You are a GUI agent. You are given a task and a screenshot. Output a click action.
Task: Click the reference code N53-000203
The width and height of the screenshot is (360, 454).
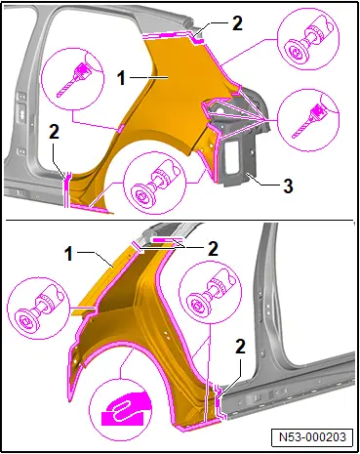[312, 436]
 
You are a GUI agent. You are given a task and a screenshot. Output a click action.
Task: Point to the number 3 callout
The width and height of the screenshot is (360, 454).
[288, 186]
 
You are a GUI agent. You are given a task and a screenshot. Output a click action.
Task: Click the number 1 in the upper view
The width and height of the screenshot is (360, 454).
[122, 78]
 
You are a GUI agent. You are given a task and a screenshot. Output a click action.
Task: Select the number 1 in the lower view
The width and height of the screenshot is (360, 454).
[68, 254]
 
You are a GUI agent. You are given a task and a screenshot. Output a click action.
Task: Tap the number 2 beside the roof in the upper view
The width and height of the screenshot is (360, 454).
[237, 23]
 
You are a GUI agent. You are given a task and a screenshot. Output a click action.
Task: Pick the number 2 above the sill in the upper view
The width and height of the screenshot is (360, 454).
[54, 133]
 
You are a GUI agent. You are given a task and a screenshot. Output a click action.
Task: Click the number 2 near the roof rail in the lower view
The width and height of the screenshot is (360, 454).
[213, 249]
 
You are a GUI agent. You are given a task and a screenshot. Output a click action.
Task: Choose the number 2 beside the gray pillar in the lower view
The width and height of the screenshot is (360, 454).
[240, 348]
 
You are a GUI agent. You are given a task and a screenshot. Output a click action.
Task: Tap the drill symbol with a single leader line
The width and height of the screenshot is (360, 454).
[72, 80]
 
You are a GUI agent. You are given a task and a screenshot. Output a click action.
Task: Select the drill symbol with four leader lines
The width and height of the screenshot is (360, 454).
[308, 120]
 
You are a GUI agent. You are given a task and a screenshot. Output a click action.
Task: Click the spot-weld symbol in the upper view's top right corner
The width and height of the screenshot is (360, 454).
[308, 39]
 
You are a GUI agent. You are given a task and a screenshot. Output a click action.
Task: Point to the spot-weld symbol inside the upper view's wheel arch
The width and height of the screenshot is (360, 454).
[155, 184]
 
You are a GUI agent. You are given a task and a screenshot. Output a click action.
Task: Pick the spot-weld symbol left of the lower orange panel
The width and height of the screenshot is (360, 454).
[38, 309]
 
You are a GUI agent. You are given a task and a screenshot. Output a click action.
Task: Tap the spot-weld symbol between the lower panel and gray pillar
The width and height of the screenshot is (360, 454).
[211, 292]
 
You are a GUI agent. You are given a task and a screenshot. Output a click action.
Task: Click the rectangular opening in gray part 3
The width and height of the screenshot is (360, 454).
[232, 154]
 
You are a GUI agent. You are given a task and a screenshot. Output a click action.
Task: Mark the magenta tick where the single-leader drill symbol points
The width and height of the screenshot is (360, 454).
[120, 129]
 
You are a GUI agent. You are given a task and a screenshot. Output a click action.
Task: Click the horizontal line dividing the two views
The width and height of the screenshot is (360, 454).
[180, 221]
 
